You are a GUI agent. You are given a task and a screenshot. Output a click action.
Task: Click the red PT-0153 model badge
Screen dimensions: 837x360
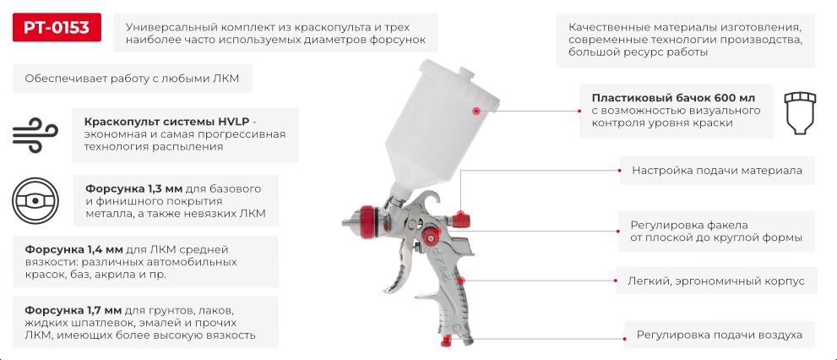point(57,27)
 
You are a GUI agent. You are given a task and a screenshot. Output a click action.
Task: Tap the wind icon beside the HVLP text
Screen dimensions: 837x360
point(35,135)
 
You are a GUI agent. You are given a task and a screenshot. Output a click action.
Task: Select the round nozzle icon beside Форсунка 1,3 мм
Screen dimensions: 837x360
point(35,200)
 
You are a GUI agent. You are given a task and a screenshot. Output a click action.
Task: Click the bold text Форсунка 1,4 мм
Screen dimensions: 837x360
point(74,249)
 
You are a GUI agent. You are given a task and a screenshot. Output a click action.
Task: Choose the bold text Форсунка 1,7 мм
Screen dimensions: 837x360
point(74,310)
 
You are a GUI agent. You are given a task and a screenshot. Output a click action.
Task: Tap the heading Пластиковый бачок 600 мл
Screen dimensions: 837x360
point(674,98)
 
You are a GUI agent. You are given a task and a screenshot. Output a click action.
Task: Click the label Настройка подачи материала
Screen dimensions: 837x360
point(717,171)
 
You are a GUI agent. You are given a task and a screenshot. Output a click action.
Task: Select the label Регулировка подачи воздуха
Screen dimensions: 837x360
point(719,335)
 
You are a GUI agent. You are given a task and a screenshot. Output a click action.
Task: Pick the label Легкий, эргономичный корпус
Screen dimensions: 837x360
point(716,281)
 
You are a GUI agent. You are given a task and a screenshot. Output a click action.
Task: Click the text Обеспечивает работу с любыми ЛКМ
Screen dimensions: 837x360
point(132,79)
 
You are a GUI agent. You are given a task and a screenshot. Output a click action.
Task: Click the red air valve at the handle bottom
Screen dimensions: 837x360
point(446,341)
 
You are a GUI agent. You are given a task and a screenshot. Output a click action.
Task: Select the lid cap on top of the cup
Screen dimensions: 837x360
point(465,72)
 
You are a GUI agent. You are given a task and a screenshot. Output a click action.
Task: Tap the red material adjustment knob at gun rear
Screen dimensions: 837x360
point(459,219)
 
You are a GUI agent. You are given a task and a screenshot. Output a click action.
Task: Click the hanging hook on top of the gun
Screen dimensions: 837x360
point(430,199)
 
